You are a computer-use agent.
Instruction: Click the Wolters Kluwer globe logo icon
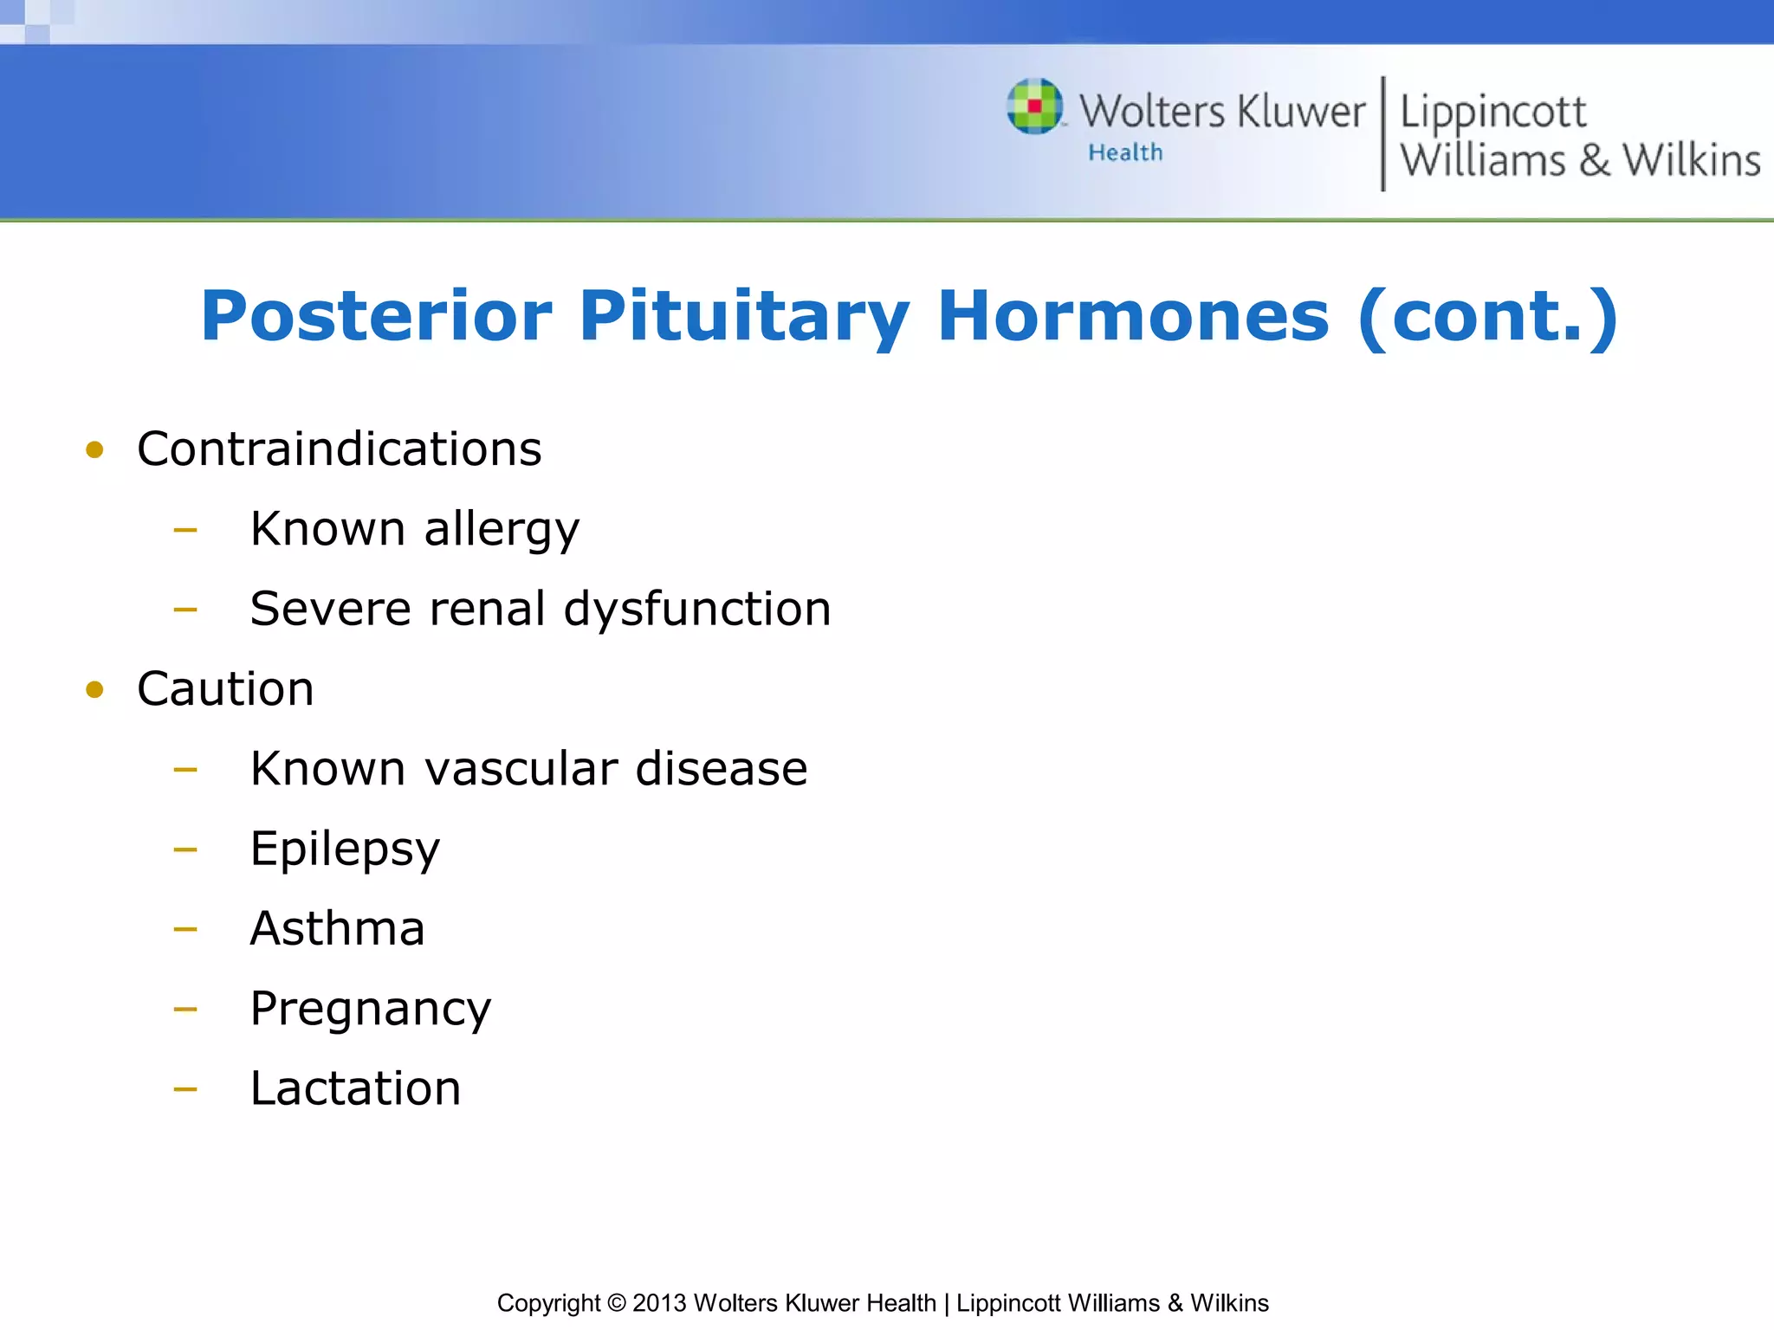tap(1034, 107)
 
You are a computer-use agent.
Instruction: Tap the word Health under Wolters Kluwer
tap(1125, 152)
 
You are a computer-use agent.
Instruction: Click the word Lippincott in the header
tap(1492, 113)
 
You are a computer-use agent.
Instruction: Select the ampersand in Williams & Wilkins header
tap(1594, 161)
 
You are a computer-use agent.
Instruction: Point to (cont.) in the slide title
tap(1487, 316)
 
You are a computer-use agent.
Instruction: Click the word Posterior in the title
tap(376, 316)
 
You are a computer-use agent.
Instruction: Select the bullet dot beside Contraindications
tap(95, 449)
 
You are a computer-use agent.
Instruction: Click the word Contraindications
tap(339, 449)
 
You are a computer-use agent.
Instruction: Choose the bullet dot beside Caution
tap(95, 689)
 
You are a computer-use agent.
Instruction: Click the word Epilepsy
tap(345, 849)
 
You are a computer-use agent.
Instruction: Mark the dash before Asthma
tap(185, 929)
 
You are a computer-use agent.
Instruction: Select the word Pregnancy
tap(370, 1009)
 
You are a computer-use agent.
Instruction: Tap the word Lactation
tap(355, 1088)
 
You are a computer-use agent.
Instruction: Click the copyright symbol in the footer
tap(616, 1303)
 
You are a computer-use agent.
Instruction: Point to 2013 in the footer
tap(659, 1303)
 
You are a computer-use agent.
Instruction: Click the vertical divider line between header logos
tap(1382, 133)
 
